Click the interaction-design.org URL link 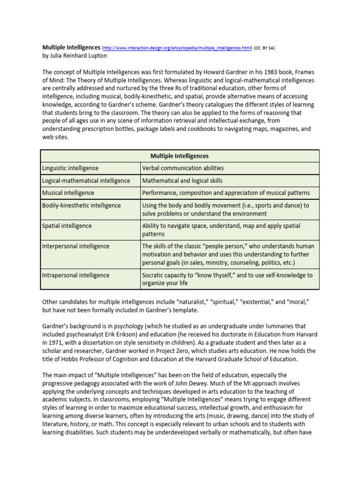click(177, 48)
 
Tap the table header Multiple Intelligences click(180, 156)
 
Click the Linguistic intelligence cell click(70, 168)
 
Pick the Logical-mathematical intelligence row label click(79, 180)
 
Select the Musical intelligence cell click(68, 193)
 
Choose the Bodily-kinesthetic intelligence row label click(81, 205)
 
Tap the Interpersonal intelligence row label click(75, 246)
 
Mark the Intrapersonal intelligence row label click(75, 275)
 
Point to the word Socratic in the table click(153, 275)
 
